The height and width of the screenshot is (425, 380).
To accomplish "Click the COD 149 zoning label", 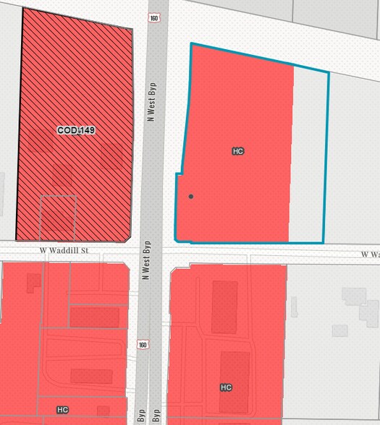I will tap(77, 130).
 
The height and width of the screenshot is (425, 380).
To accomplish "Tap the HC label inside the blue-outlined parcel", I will tap(238, 151).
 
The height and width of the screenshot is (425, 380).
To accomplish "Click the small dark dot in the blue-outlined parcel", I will tap(191, 196).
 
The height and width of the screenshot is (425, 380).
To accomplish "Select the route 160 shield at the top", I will tap(154, 17).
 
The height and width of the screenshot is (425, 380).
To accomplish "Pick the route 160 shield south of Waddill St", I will tap(143, 345).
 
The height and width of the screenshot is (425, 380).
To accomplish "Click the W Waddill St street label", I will tap(64, 251).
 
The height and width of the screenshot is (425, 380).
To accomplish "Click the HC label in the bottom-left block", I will tap(62, 410).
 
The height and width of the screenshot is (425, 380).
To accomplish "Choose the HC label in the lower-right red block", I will tap(226, 387).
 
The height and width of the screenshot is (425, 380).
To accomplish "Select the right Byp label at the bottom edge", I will tap(157, 417).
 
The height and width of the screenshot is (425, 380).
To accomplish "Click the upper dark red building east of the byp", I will tap(224, 306).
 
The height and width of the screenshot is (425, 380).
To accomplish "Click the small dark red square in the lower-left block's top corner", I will tap(33, 283).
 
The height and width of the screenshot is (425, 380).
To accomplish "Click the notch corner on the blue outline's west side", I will tap(178, 174).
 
